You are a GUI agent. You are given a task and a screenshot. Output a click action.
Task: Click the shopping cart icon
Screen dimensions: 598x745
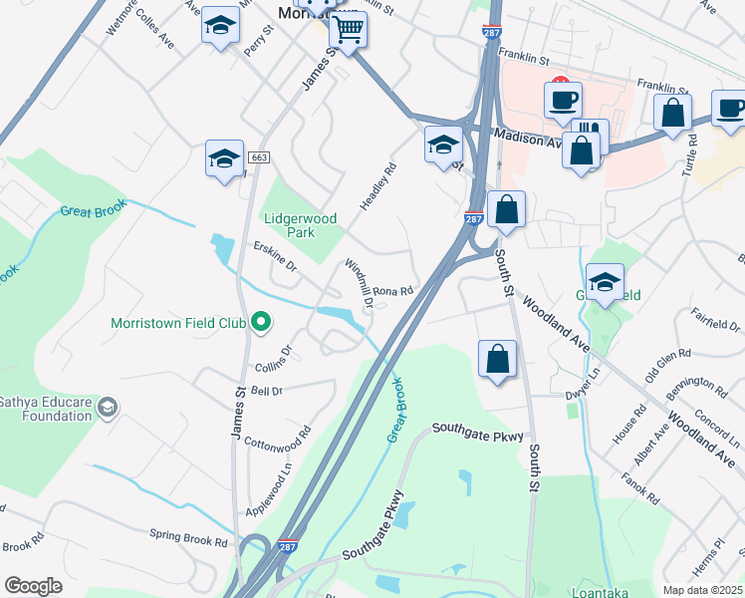pos(348,30)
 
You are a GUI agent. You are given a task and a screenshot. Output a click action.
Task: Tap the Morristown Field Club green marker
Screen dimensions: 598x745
pos(261,322)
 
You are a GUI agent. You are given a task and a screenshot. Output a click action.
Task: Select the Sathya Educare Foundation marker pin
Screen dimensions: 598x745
pos(109,408)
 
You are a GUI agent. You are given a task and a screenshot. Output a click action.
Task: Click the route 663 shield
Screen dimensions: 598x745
pos(259,157)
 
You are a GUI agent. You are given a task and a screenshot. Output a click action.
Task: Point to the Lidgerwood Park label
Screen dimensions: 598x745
pos(301,225)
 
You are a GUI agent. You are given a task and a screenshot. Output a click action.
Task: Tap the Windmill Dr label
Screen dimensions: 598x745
pos(359,282)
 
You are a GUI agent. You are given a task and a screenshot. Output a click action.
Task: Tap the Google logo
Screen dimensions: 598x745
pos(33,586)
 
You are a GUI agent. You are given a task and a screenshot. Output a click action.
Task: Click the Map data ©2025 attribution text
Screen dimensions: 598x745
pos(702,590)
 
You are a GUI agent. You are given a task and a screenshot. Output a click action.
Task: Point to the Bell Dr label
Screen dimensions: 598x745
pos(267,392)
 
